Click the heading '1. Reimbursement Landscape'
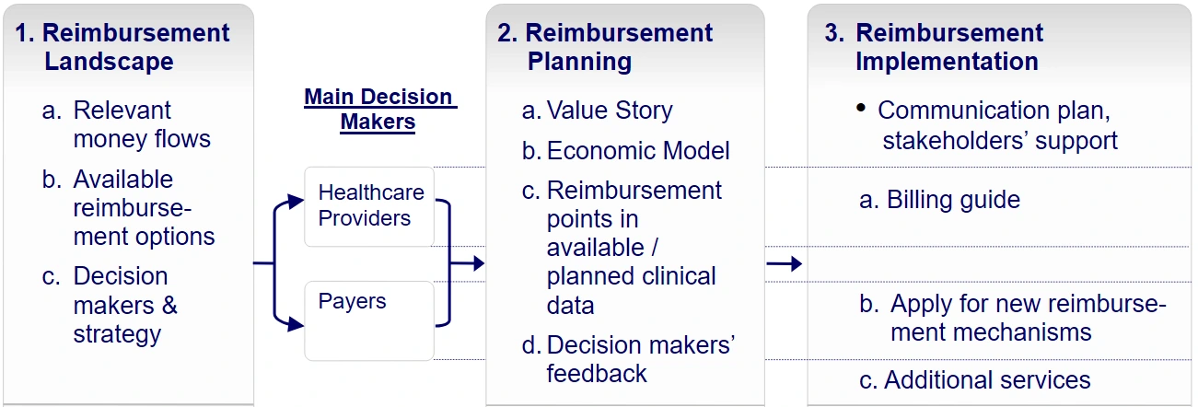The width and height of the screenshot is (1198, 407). pyautogui.click(x=122, y=48)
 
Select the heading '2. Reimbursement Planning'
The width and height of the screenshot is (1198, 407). pyautogui.click(x=605, y=48)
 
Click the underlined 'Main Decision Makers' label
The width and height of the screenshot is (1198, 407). pyautogui.click(x=378, y=110)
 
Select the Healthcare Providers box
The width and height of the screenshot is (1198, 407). pyautogui.click(x=369, y=206)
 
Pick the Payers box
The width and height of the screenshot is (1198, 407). pyautogui.click(x=369, y=320)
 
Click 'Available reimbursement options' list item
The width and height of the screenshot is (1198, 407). pyautogui.click(x=129, y=207)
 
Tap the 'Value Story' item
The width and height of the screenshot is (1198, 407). pyautogui.click(x=609, y=110)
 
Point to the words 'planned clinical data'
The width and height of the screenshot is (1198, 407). pyautogui.click(x=631, y=290)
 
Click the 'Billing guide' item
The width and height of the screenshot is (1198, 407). pyautogui.click(x=939, y=200)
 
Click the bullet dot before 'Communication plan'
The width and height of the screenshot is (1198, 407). pyautogui.click(x=861, y=108)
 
